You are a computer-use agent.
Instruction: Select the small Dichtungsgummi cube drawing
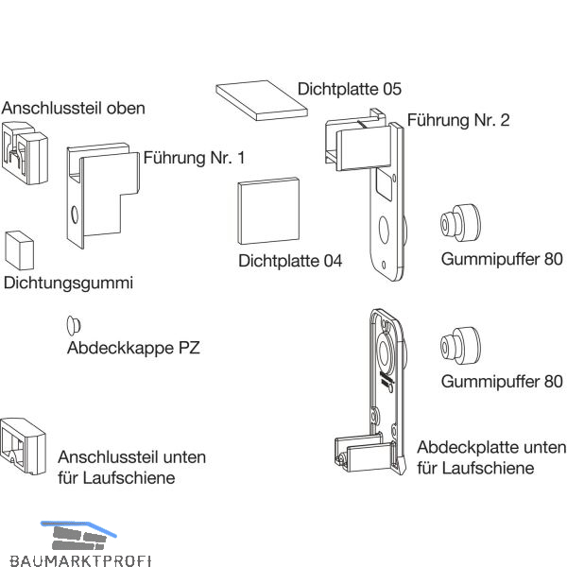tap(19, 250)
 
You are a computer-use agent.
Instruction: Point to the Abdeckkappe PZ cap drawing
tap(73, 324)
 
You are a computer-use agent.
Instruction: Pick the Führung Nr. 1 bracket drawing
tap(99, 193)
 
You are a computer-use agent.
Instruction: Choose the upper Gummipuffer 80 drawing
tap(458, 224)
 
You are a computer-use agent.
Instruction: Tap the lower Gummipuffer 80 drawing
tap(458, 348)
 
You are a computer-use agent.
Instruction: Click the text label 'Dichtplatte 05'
tap(350, 89)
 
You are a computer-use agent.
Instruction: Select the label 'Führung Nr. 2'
tap(458, 120)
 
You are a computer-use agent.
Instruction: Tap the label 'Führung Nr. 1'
tap(194, 158)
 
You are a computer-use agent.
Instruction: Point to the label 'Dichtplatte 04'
tap(290, 260)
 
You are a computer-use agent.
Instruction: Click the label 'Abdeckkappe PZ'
tap(133, 348)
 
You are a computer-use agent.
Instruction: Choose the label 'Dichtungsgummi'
tap(69, 283)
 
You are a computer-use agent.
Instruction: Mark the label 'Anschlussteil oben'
tap(74, 108)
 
